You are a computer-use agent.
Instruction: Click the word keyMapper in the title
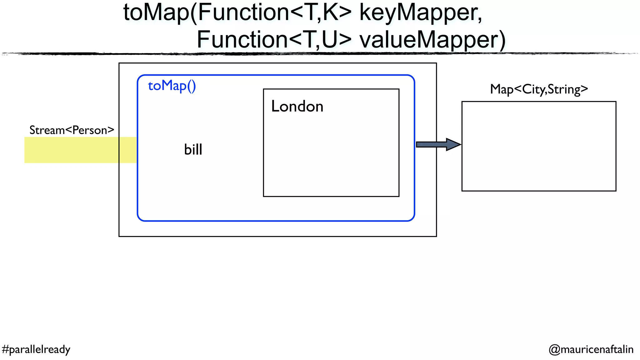[420, 13]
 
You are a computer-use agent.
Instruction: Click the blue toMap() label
[172, 86]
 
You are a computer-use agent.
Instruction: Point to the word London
[297, 106]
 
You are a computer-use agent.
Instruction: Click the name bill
[193, 149]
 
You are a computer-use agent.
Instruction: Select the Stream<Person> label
[72, 130]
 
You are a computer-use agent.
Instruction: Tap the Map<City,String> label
[539, 89]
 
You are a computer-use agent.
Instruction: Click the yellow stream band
[72, 150]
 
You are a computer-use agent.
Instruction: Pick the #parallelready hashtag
[36, 349]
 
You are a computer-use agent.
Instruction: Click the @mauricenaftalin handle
[591, 349]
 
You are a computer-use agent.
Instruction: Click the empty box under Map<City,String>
[539, 146]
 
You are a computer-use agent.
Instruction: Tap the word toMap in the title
[156, 13]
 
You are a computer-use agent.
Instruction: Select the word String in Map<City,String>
[564, 89]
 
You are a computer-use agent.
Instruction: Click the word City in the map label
[534, 89]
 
